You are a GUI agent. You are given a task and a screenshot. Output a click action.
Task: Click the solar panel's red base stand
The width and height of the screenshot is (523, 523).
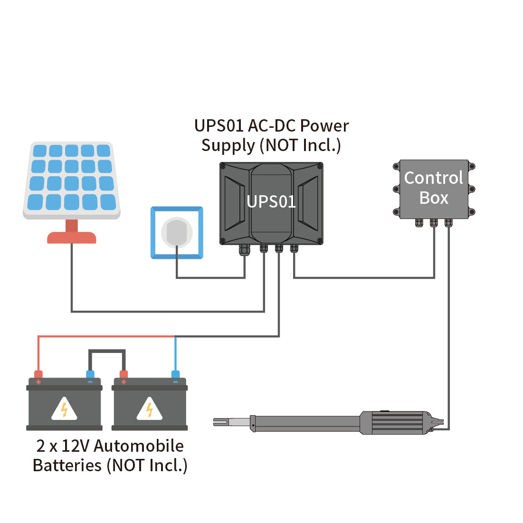72,237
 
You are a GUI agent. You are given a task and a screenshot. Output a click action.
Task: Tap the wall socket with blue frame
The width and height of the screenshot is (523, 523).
177,233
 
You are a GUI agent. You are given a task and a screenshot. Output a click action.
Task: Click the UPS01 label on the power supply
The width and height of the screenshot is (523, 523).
271,202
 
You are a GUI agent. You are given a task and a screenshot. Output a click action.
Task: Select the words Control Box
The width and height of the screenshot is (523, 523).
433,188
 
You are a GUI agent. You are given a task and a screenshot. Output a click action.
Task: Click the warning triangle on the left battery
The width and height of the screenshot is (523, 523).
64,409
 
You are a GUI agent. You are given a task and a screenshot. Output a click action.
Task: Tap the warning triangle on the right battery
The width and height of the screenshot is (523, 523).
150,409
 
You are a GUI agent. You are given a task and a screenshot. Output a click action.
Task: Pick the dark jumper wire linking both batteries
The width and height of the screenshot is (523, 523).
107,352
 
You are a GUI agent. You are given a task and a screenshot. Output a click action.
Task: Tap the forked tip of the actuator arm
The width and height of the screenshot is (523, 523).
221,422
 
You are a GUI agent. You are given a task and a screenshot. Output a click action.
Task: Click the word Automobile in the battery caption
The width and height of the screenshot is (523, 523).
139,446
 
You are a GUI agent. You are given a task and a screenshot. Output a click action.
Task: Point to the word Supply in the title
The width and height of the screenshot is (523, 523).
228,145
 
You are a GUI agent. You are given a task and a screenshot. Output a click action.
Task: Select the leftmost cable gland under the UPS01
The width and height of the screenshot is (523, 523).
244,249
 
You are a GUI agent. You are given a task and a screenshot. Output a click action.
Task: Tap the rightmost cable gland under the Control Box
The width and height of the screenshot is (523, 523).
448,222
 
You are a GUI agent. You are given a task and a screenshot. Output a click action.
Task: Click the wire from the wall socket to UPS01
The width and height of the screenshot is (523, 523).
210,278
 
